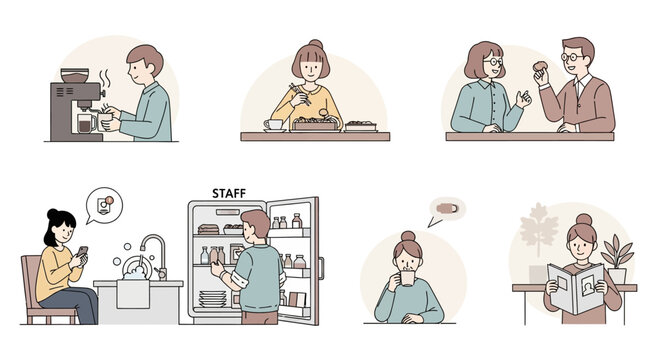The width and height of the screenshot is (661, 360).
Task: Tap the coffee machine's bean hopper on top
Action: [74, 76]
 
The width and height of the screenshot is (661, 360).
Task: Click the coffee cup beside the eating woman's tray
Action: [273, 125]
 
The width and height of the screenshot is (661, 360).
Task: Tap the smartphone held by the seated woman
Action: [83, 252]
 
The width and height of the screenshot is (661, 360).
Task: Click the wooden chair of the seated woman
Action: [38, 290]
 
